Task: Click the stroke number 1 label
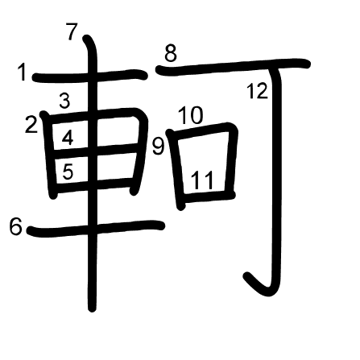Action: pos(23,72)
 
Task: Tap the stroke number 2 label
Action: pos(31,125)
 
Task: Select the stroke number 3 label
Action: pos(64,101)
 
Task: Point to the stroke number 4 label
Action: pos(68,138)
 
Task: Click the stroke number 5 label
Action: pos(68,172)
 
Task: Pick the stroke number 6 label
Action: pos(15,227)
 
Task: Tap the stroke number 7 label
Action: pos(72,31)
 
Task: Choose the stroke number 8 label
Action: pos(171,53)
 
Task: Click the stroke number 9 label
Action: pos(158,147)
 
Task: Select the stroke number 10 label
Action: pos(191,115)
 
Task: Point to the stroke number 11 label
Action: pos(203,180)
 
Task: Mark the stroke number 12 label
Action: pos(257,91)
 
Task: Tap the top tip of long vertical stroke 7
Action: pos(86,38)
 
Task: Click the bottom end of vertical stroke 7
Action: pos(92,308)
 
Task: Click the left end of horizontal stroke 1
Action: pos(35,78)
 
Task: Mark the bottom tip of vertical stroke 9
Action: pos(181,206)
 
